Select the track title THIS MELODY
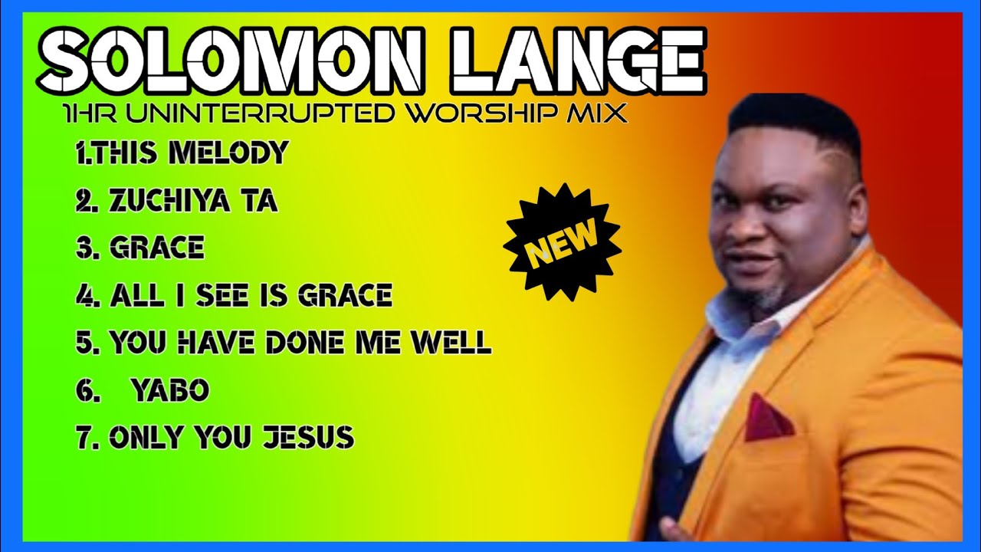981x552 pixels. pos(182,153)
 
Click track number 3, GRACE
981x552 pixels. pos(140,248)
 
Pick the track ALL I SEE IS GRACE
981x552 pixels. pos(235,295)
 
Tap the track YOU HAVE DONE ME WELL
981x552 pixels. pos(284,343)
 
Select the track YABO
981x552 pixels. pos(169,390)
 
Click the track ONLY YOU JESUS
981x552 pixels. pos(215,438)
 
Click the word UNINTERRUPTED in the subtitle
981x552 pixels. pos(260,114)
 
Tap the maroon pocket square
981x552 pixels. pos(766,418)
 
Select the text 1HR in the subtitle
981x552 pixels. pos(89,114)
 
